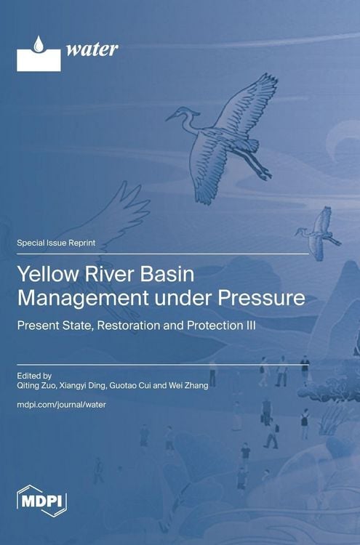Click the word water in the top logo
[92, 49]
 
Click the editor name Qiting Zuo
[37, 386]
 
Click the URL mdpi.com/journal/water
[61, 405]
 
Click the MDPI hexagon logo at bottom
[41, 501]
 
